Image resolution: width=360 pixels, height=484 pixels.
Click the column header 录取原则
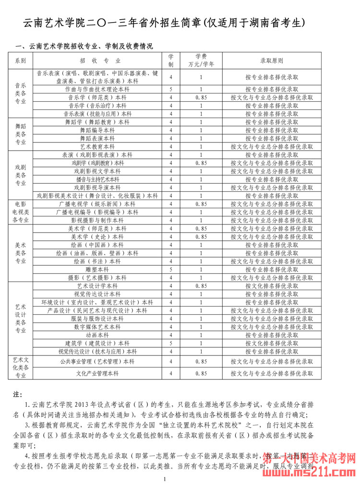pos(271,61)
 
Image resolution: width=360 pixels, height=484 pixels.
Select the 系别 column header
pos(21,61)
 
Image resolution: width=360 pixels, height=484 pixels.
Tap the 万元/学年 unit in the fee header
pos(201,64)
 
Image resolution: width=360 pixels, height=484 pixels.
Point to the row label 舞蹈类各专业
pos(21,134)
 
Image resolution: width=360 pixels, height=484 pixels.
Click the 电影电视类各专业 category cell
pos(21,212)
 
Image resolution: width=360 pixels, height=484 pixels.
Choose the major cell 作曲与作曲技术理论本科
pos(97,89)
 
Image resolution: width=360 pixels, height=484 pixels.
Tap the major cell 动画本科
pos(97,335)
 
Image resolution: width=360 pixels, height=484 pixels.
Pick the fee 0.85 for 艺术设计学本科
pos(201,286)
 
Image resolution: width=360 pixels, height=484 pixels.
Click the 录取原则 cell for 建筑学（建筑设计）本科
pos(271,343)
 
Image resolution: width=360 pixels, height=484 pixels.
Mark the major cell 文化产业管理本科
pos(97,373)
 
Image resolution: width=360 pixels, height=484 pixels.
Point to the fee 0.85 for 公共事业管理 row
pos(201,361)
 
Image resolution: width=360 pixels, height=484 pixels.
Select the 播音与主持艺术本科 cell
pos(97,179)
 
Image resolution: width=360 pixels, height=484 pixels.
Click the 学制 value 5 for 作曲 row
pos(171,89)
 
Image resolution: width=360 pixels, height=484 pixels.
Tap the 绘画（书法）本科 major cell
pos(97,261)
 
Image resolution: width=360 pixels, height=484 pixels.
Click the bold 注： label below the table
pos(18,394)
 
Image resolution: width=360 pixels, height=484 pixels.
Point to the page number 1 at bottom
pos(165,479)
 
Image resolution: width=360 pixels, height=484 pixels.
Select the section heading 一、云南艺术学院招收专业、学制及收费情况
pos(84,46)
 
